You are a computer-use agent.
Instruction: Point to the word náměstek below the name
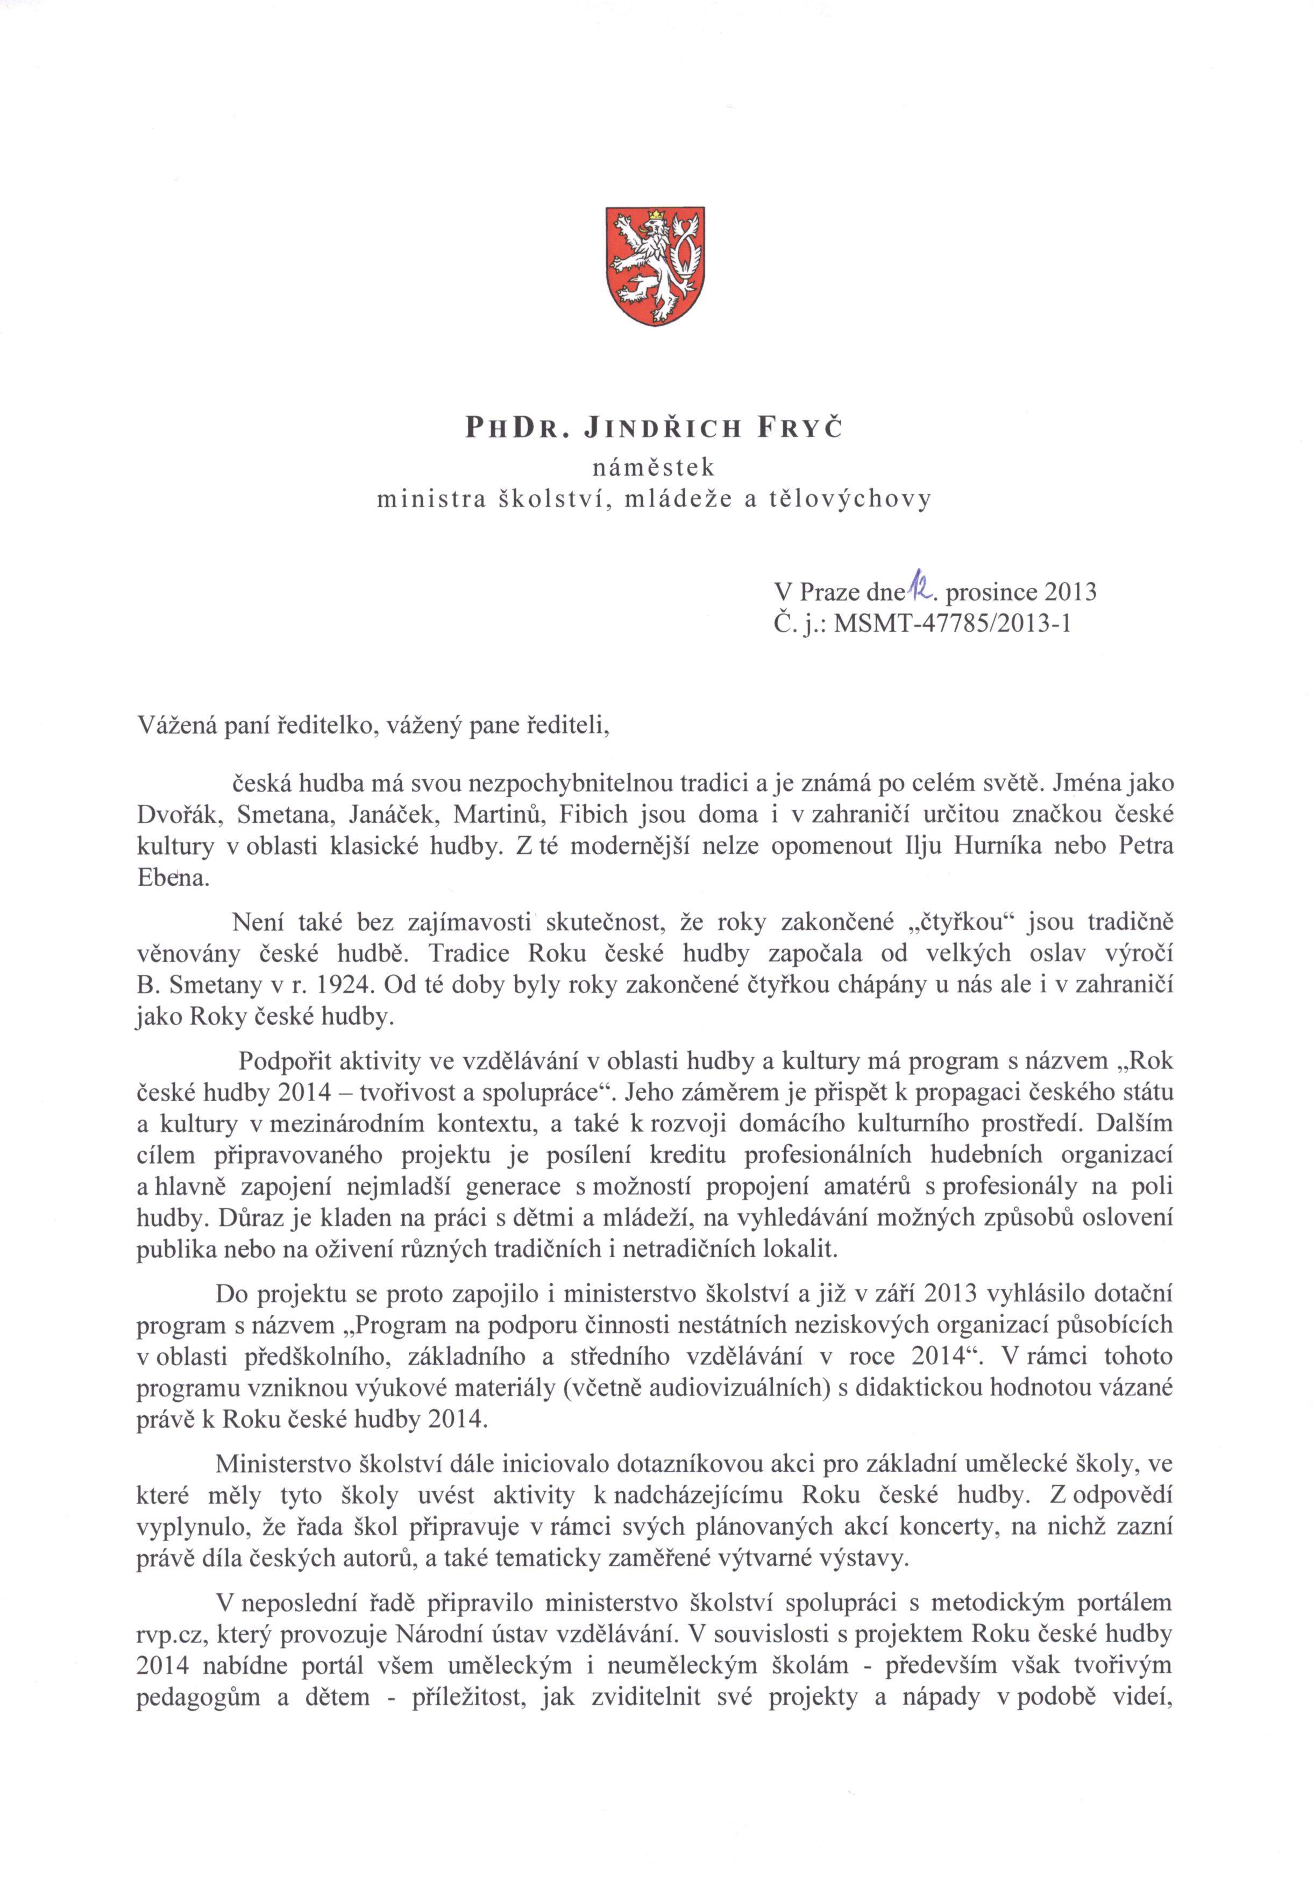click(654, 467)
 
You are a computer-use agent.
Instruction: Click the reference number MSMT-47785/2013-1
click(953, 623)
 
